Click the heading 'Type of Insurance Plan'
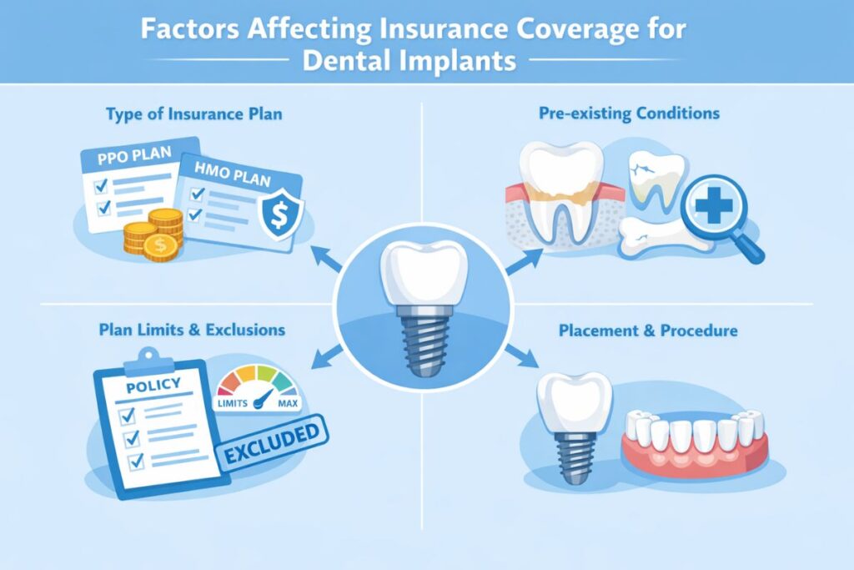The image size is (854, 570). coord(193,114)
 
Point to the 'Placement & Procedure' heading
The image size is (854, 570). coord(646,330)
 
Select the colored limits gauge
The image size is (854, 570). coord(258,386)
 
